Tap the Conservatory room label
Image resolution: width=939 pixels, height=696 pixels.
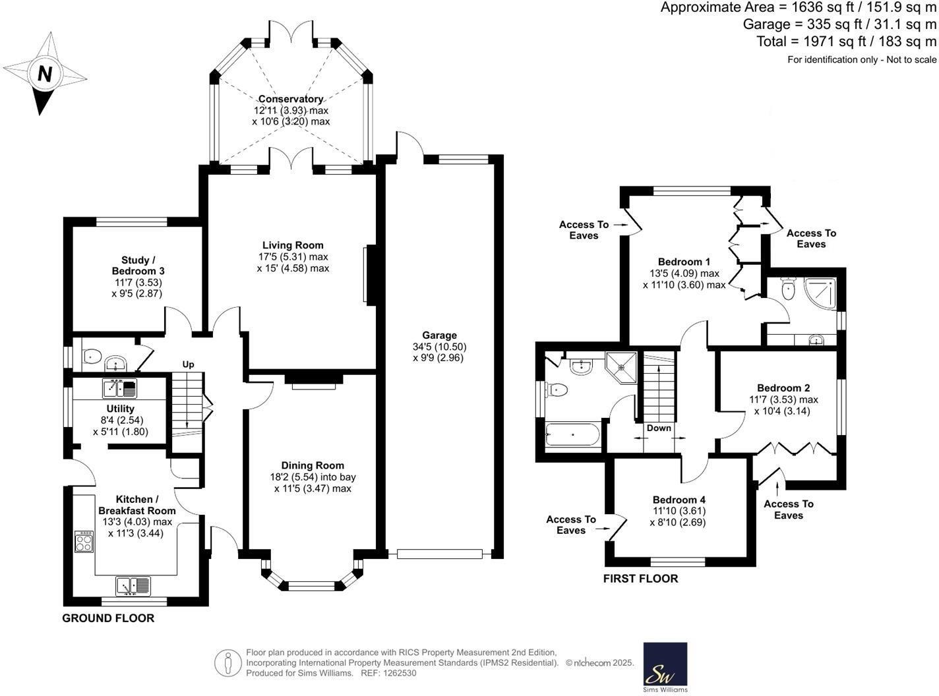[290, 99]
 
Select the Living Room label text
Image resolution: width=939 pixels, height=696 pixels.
[293, 245]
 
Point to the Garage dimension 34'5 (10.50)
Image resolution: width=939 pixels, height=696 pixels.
[439, 347]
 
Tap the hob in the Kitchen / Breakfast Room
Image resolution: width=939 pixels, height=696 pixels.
[84, 542]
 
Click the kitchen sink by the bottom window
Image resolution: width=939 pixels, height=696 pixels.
[133, 585]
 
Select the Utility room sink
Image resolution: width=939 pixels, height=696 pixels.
[119, 388]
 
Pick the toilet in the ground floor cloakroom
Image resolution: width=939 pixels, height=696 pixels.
[92, 357]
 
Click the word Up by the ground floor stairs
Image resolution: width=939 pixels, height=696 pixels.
[189, 364]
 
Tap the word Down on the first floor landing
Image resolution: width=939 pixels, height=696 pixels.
[659, 428]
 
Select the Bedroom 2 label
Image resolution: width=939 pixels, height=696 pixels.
[783, 388]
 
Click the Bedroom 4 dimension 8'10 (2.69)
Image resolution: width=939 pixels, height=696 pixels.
[679, 522]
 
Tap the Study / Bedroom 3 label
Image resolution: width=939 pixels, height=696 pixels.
[138, 265]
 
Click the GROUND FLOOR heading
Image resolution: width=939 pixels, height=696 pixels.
[108, 618]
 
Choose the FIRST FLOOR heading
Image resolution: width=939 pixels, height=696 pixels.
[640, 579]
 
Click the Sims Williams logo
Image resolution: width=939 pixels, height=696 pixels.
[665, 666]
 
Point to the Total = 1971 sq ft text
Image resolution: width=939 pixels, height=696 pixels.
[846, 42]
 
